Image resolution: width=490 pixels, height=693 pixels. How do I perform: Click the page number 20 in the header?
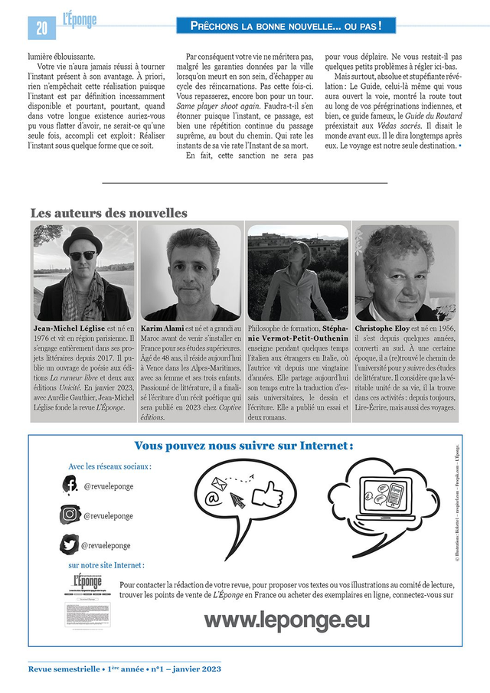tap(41, 28)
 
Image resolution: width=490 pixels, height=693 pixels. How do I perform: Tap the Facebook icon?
tap(70, 485)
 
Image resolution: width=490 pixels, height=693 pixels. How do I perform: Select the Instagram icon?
tap(70, 515)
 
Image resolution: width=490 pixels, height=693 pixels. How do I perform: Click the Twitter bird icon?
tap(70, 544)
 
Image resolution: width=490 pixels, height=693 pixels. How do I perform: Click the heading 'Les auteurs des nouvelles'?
tap(108, 213)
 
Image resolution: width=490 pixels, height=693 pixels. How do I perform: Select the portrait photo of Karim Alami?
tap(191, 272)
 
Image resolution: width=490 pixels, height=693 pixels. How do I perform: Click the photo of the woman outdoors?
tap(298, 272)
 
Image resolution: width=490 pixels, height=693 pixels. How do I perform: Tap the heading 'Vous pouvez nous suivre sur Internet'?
tap(243, 446)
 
